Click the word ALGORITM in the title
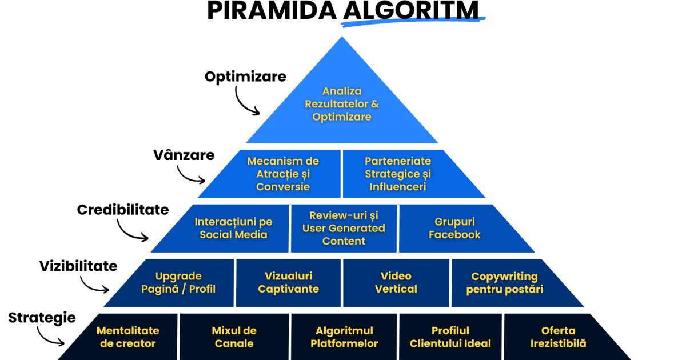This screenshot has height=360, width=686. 412,11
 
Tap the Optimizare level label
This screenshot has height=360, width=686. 245,77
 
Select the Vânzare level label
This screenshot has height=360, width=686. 184,155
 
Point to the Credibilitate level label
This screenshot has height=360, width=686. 123,210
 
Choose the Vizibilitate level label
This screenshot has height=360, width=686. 78,266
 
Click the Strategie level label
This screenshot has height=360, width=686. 42,318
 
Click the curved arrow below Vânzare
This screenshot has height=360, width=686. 189,174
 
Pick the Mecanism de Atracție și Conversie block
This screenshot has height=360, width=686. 283,174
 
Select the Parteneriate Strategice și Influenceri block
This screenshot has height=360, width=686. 398,174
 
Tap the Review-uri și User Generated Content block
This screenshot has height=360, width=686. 344,228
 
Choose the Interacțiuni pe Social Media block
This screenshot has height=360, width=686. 233,228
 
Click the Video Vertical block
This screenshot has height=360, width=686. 396,282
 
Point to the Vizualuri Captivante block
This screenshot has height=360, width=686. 288,282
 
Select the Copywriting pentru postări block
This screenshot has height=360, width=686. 504,282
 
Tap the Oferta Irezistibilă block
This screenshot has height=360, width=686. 558,337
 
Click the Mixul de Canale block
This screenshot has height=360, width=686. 234,337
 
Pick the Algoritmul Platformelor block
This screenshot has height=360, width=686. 344,337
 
